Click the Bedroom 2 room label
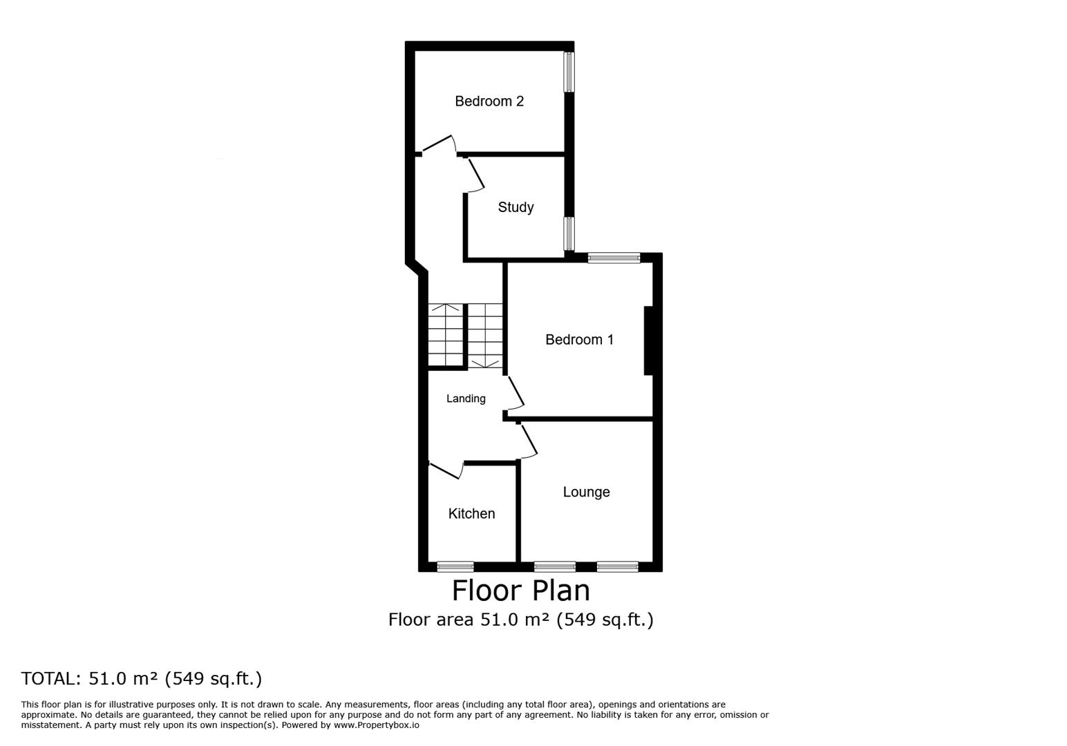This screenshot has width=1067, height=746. tap(489, 101)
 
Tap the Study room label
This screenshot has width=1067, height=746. tap(516, 207)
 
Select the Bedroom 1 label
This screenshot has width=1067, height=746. tap(579, 339)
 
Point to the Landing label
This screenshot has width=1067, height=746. tap(466, 399)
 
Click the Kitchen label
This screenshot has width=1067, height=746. tap(471, 513)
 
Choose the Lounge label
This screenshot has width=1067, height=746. tap(587, 492)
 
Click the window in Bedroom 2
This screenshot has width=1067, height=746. tap(569, 72)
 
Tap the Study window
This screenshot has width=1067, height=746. tap(569, 233)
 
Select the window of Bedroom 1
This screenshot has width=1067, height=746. tap(614, 258)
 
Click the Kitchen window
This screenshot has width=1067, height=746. tap(455, 566)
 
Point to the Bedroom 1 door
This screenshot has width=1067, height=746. tap(515, 393)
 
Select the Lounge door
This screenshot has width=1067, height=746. tap(528, 441)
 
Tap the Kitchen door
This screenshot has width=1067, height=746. tap(446, 470)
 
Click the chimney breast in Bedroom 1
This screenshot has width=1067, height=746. tap(648, 341)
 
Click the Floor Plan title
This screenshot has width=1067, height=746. tap(520, 591)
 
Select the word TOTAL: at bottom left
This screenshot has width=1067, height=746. tap(51, 678)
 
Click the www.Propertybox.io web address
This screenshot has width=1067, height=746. tap(377, 725)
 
